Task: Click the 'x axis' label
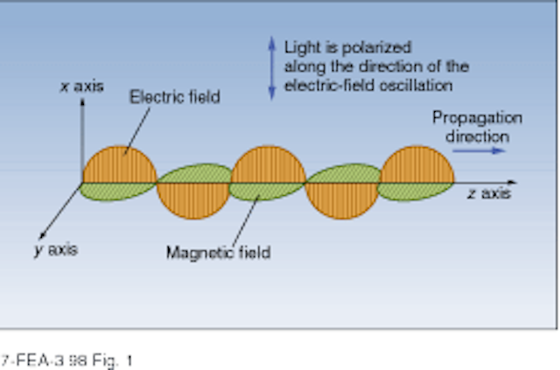tap(81, 87)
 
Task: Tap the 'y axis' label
tap(56, 249)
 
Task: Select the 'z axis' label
tap(489, 193)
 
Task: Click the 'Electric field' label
tap(175, 97)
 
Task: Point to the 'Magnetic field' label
tap(219, 253)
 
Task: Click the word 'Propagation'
tap(478, 117)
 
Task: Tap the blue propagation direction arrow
tap(479, 150)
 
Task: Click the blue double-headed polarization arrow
tap(272, 68)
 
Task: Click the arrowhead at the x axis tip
tap(82, 102)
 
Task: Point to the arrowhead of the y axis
tap(41, 235)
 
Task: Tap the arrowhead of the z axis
tap(513, 183)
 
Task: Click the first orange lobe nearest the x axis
tap(120, 164)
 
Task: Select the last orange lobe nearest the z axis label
tap(416, 164)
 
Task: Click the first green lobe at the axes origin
tap(117, 192)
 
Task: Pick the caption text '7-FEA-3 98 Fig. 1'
tap(66, 360)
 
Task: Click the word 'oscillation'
tap(416, 86)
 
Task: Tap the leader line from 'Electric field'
tap(136, 131)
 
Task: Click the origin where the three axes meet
tap(82, 183)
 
